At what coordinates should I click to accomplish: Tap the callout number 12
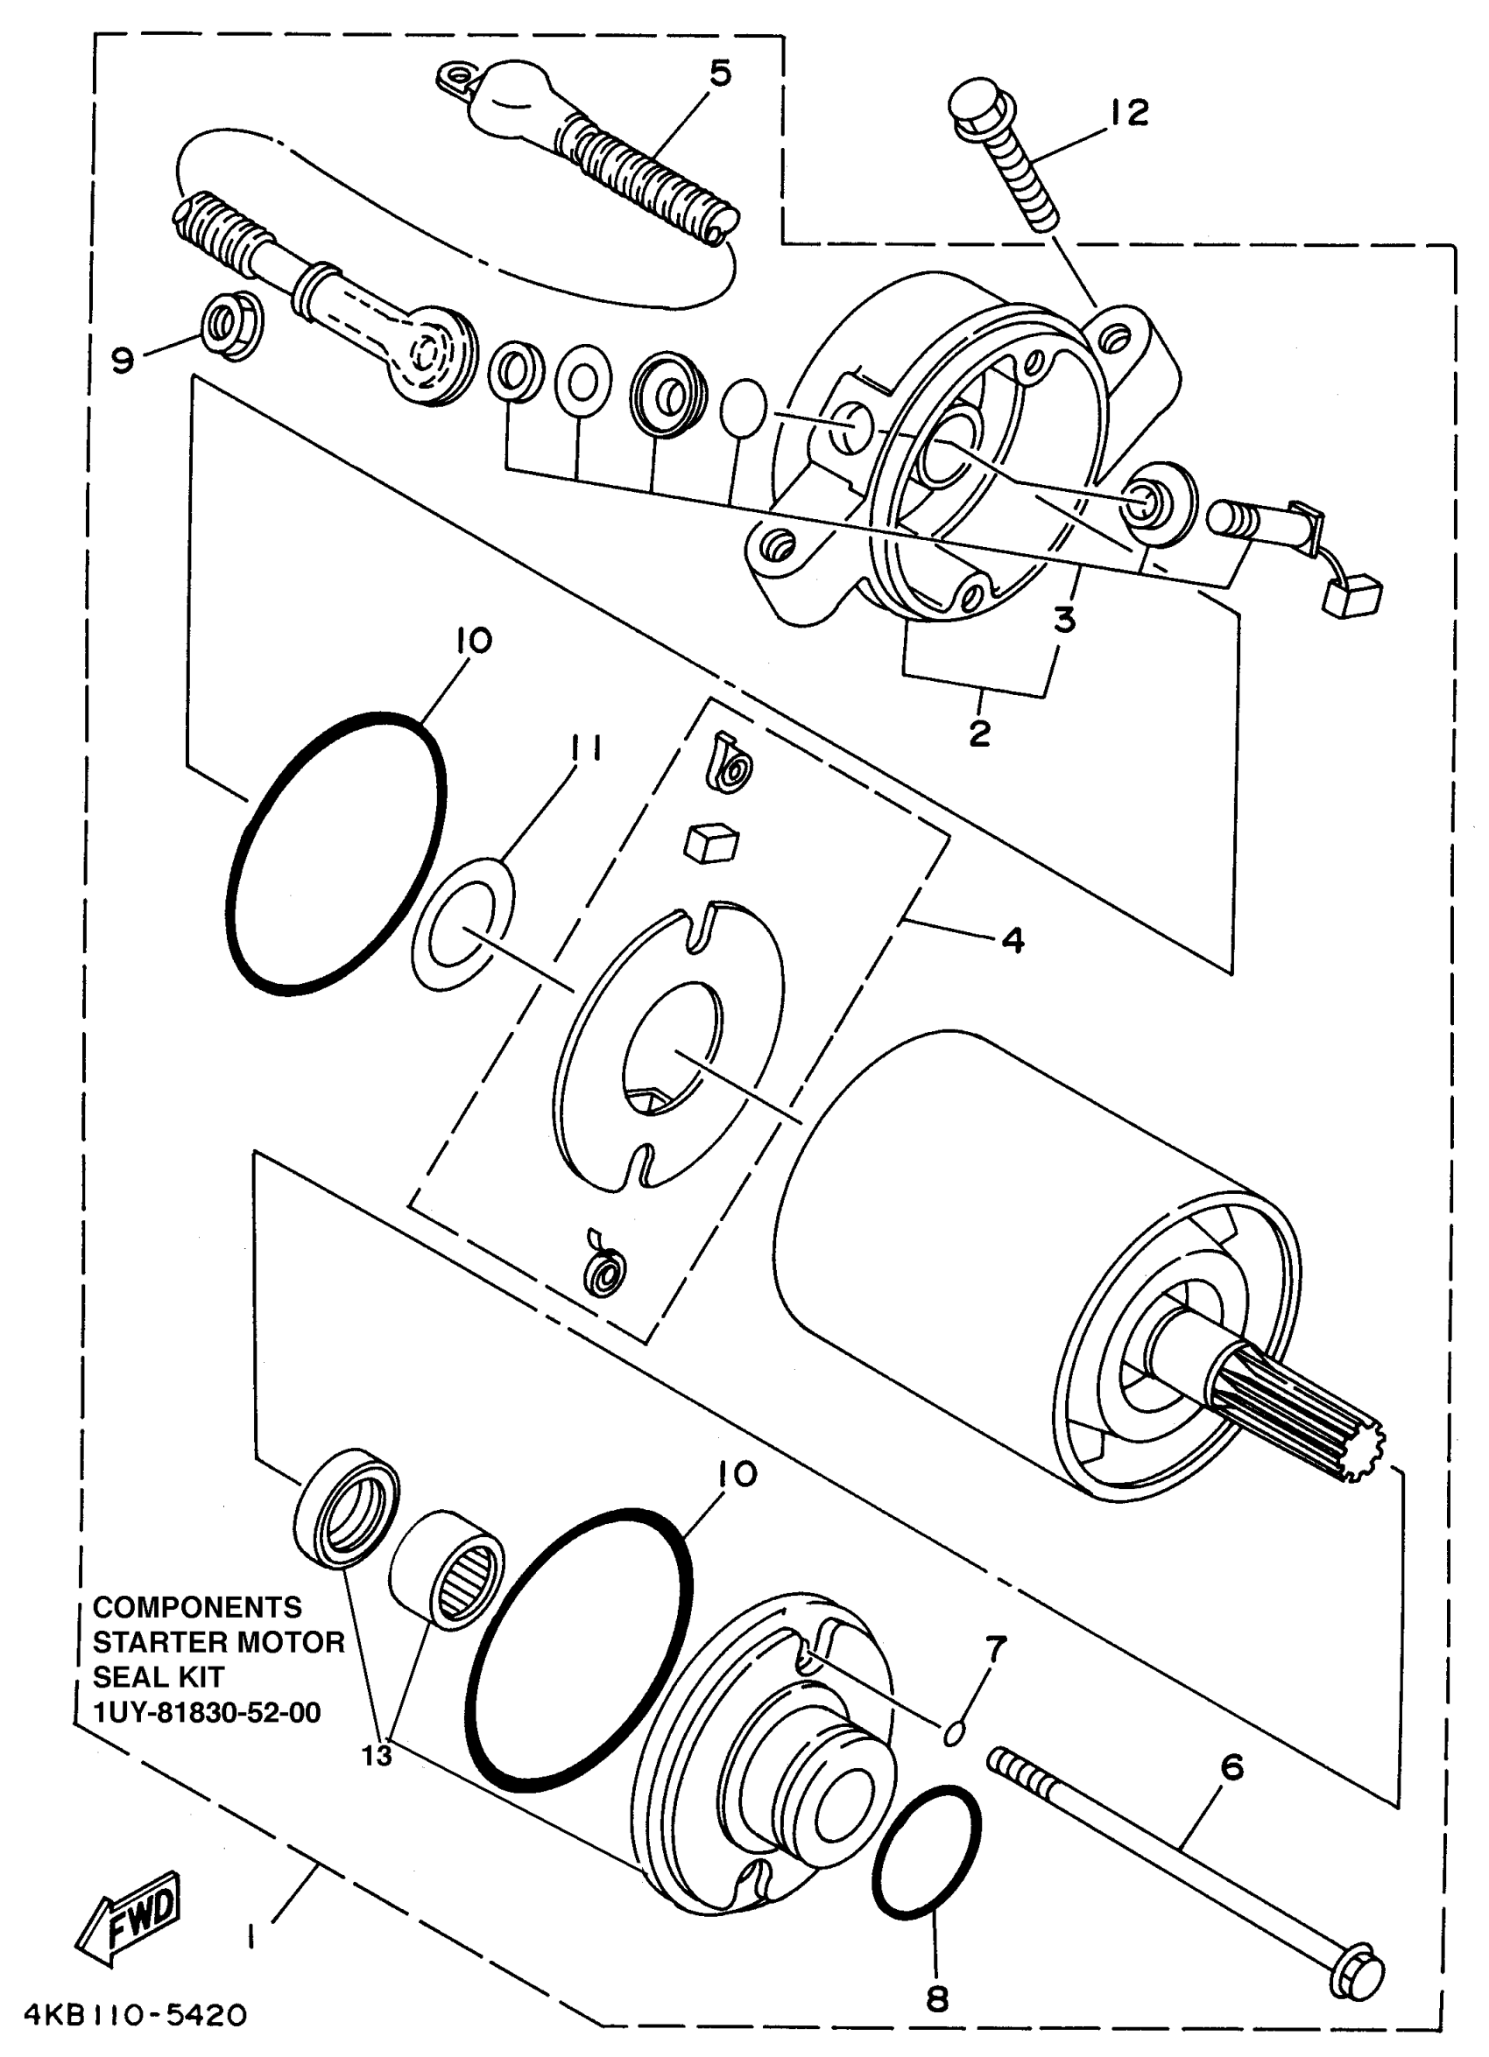tap(1129, 114)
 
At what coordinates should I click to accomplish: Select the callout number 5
tap(720, 74)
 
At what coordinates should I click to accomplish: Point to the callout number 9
tap(123, 360)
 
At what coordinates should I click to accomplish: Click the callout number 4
tap(1013, 940)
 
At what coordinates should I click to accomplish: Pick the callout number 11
tap(586, 750)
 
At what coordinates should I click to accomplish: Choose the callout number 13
tap(378, 1755)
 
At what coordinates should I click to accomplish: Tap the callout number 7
tap(995, 1648)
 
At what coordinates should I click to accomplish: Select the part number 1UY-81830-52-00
tap(207, 1712)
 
